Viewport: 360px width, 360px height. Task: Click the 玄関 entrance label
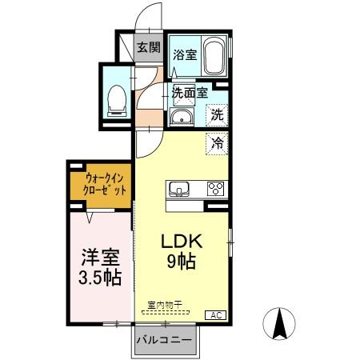click(147, 47)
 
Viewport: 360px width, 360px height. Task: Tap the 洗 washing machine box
click(217, 114)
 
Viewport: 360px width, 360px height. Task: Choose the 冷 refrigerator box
click(217, 143)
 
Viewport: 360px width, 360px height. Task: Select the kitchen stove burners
click(215, 189)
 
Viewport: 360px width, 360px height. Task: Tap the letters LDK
click(184, 241)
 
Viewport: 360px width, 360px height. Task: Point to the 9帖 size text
click(184, 261)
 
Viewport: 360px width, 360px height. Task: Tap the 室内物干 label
click(166, 305)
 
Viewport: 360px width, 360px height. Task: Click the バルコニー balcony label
click(164, 339)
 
